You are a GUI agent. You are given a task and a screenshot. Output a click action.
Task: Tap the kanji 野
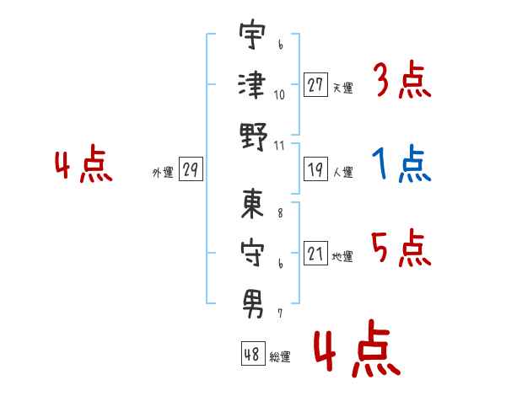(x=252, y=135)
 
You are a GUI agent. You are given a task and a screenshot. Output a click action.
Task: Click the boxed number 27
(x=315, y=84)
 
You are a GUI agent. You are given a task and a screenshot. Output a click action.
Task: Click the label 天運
(x=342, y=88)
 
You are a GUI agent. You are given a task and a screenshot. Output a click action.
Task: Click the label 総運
(x=280, y=356)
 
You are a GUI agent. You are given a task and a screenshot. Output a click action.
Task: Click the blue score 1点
(x=401, y=164)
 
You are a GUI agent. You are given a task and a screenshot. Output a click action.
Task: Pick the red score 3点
(x=401, y=80)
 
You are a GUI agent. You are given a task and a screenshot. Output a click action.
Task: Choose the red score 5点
(x=401, y=248)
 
